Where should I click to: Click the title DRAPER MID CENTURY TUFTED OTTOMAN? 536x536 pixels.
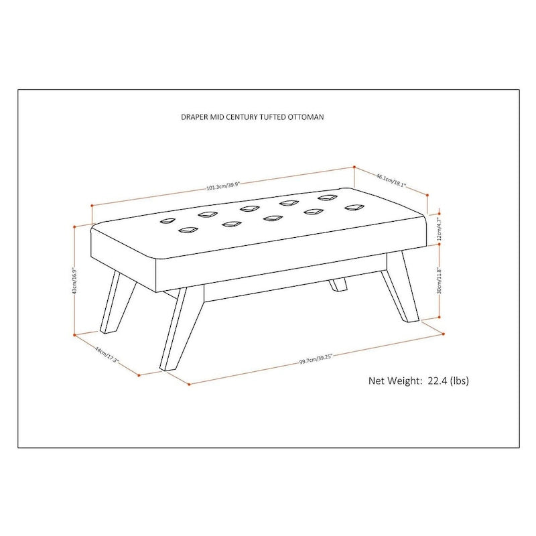click(x=253, y=117)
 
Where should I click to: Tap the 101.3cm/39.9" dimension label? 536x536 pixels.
click(x=224, y=186)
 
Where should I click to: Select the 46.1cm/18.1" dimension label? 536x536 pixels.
click(x=391, y=181)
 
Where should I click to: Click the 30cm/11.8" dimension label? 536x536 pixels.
click(x=440, y=281)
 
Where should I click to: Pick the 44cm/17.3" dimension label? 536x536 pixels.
click(x=107, y=355)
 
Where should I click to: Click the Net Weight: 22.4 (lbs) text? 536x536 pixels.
click(x=418, y=381)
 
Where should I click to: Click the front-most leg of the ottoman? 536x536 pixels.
click(x=174, y=328)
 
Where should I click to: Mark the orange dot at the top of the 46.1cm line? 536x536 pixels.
click(x=354, y=167)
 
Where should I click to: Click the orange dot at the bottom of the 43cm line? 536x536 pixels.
click(x=74, y=336)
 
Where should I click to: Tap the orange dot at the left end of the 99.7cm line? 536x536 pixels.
click(x=190, y=385)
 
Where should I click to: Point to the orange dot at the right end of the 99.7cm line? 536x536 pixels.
click(x=444, y=334)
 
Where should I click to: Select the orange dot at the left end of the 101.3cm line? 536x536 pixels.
click(x=92, y=206)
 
